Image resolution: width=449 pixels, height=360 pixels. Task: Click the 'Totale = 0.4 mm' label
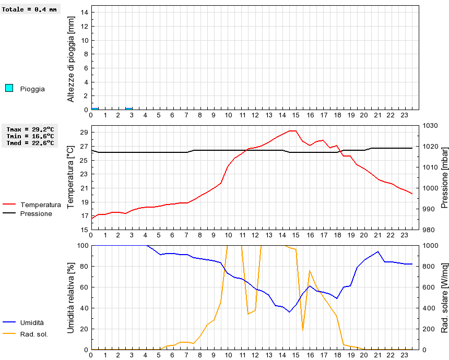tap(29, 9)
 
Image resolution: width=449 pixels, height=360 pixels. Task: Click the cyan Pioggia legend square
tap(9, 88)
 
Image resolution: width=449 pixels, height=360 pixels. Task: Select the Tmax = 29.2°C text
tap(30, 129)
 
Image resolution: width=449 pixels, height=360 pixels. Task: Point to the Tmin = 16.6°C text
tap(30, 136)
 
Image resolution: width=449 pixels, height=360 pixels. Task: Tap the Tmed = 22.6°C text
tap(30, 142)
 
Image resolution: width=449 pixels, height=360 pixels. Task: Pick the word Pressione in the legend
tap(36, 213)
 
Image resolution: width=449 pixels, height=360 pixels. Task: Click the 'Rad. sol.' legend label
tap(34, 334)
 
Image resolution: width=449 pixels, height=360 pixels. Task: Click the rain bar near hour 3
tap(129, 109)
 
